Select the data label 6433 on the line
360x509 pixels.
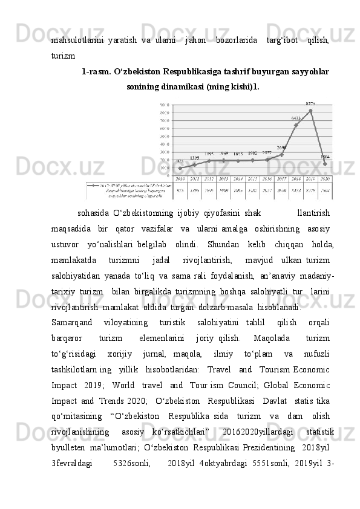pos(296,118)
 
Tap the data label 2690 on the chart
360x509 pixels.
pos(282,148)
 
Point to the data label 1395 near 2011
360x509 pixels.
pos(194,158)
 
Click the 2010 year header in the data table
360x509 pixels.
pos(180,180)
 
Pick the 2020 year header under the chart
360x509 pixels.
pos(325,180)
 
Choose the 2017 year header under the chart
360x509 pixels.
pos(281,180)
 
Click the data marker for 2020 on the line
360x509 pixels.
pos(325,164)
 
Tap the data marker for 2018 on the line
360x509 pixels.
pos(296,125)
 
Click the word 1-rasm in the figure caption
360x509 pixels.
pos(96,72)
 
